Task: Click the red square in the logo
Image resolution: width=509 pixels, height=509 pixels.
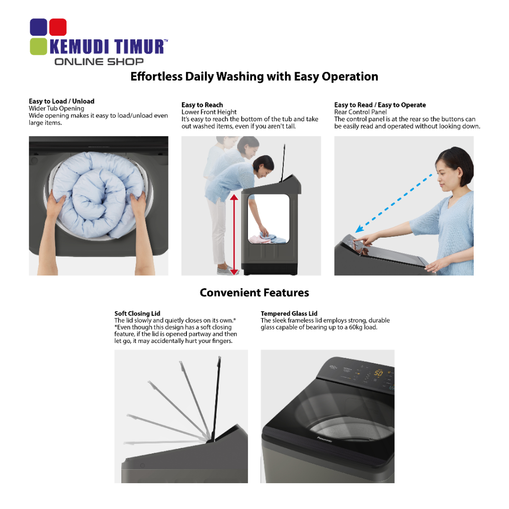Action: [58, 27]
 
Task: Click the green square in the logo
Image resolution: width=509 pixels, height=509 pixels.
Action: [38, 46]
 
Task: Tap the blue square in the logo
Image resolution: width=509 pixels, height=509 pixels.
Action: [38, 27]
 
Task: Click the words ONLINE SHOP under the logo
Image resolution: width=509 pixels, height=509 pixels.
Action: [99, 62]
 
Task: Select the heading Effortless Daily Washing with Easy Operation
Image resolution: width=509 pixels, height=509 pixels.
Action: [254, 77]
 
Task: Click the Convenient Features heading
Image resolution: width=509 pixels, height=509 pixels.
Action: [254, 292]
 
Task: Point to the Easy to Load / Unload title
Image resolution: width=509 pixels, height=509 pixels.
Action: [62, 101]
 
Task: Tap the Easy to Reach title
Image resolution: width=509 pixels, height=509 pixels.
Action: [202, 105]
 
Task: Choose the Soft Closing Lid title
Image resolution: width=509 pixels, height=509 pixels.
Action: [137, 313]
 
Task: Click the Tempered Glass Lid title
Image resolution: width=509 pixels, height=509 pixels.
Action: [289, 313]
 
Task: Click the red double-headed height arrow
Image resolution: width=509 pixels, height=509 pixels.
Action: [234, 235]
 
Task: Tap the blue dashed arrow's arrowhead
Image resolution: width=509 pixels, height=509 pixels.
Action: [359, 229]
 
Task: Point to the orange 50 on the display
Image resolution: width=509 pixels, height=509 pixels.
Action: [378, 373]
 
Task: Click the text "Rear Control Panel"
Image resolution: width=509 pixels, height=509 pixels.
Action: [360, 112]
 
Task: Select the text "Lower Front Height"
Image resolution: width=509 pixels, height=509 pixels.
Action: [209, 112]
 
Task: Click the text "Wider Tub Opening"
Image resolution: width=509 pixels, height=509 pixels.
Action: [57, 108]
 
